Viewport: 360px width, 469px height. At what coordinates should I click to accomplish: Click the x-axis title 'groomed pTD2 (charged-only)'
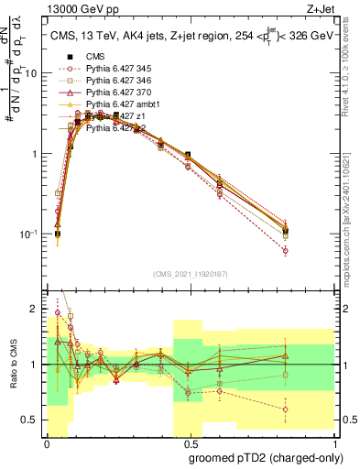coord(265,456)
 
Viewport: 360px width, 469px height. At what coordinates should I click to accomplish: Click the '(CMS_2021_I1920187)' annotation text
coord(190,273)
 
